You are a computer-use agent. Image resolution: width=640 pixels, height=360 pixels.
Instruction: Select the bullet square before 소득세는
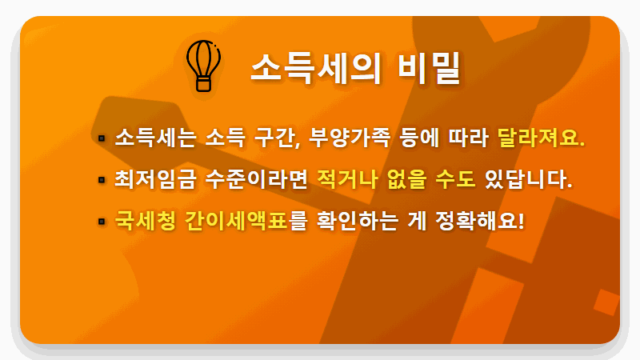click(102, 138)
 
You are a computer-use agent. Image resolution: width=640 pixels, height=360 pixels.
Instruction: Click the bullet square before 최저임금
click(102, 179)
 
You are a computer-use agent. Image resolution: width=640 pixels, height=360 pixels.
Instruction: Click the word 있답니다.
click(529, 178)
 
